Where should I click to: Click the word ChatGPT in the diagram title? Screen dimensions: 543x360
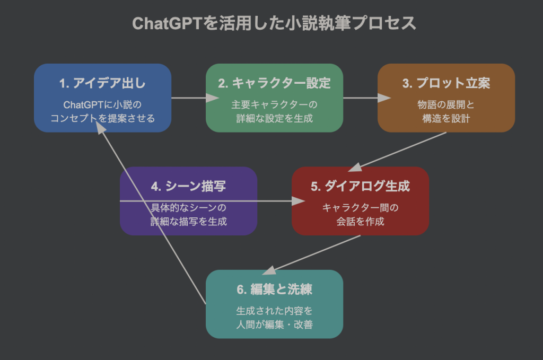[x=167, y=23]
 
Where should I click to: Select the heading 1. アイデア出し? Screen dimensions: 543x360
[x=102, y=83]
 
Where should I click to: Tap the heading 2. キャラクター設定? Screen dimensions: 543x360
[x=274, y=83]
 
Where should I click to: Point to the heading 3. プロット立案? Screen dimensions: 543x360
[x=446, y=83]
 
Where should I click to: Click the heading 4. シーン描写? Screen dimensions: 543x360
[x=188, y=186]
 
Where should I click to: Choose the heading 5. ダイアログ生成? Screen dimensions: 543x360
[x=360, y=186]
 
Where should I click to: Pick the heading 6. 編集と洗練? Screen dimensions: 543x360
[x=274, y=289]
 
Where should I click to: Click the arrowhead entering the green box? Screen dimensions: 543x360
[x=212, y=98]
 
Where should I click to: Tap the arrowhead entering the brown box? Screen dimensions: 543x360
[x=384, y=98]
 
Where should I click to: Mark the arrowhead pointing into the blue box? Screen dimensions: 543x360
[x=100, y=127]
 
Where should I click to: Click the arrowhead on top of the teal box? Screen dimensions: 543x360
[x=269, y=270]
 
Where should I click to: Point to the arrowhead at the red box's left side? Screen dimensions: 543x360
[x=298, y=201]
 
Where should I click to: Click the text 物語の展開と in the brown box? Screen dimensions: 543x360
[x=446, y=104]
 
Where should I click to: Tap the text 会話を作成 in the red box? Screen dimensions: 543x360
[x=360, y=222]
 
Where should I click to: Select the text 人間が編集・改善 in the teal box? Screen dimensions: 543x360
[x=274, y=324]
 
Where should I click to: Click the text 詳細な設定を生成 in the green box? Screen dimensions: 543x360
[x=274, y=118]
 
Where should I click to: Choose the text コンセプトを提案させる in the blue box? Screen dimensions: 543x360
[x=102, y=118]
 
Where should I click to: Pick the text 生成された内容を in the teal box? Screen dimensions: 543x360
[x=274, y=311]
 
